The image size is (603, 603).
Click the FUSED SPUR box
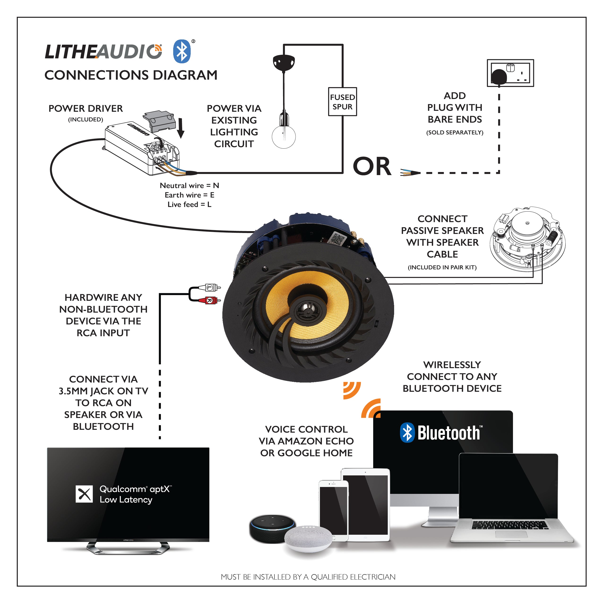pos(342,102)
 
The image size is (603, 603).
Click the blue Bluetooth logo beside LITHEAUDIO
pos(182,51)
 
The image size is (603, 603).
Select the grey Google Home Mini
pos(308,538)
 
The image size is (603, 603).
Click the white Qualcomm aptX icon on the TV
pos(84,494)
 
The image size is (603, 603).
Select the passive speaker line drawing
pos(527,239)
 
